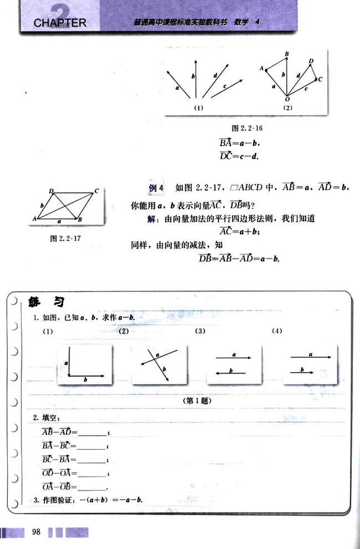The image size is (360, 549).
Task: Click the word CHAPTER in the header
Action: pyautogui.click(x=60, y=22)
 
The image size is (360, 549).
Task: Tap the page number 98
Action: pyautogui.click(x=36, y=532)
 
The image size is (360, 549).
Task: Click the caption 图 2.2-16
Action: pyautogui.click(x=247, y=128)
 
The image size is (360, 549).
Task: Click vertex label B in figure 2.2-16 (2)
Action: pyautogui.click(x=286, y=53)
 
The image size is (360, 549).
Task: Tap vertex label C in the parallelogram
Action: pyautogui.click(x=96, y=191)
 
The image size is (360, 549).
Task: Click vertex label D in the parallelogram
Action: pyautogui.click(x=51, y=191)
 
